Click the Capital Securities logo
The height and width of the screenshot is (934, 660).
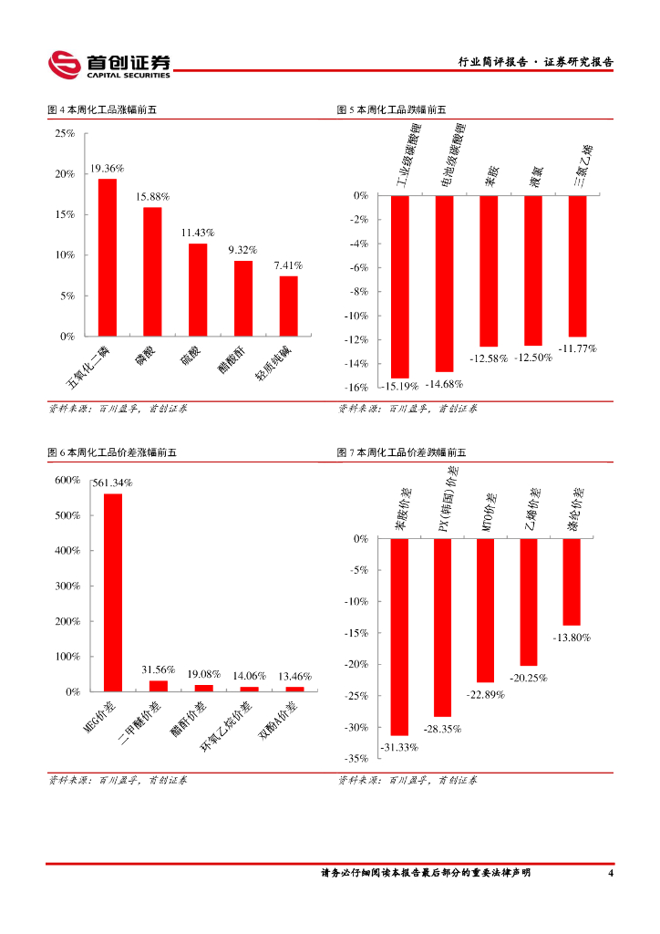pyautogui.click(x=109, y=64)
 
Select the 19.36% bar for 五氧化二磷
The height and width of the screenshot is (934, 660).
pyautogui.click(x=108, y=257)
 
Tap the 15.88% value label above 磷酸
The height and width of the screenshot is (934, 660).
pyautogui.click(x=152, y=196)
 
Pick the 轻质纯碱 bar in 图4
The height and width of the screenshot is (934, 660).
pyautogui.click(x=288, y=306)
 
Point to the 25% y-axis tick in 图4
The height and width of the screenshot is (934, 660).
pyautogui.click(x=65, y=133)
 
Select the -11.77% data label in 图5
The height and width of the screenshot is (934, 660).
pyautogui.click(x=577, y=348)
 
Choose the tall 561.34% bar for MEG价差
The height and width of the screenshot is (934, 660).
pyautogui.click(x=113, y=592)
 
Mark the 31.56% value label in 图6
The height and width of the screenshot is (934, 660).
pyautogui.click(x=158, y=669)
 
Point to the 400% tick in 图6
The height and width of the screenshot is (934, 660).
pyautogui.click(x=67, y=551)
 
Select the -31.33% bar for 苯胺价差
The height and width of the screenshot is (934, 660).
pyautogui.click(x=399, y=637)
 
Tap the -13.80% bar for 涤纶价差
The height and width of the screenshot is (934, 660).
pyautogui.click(x=572, y=582)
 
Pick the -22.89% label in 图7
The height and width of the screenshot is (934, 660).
pyautogui.click(x=486, y=694)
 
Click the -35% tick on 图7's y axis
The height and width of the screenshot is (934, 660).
pyautogui.click(x=356, y=758)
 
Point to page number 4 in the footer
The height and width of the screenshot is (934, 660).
pyautogui.click(x=610, y=873)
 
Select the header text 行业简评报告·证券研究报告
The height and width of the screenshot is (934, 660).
pyautogui.click(x=535, y=62)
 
